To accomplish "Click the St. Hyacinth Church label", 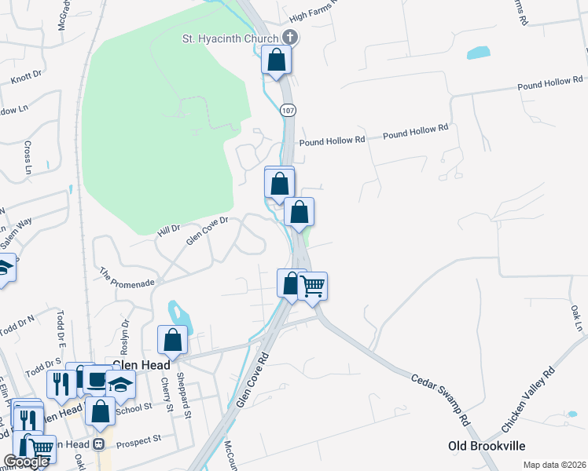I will pos(230,38).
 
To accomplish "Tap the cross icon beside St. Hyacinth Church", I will pos(289,37).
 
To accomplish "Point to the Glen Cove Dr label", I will pos(207,232).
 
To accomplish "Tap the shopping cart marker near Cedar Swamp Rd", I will pos(313,286).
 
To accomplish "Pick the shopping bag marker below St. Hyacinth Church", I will pos(277,60).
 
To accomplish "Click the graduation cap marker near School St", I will pos(120,384).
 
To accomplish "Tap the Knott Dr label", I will pos(25,79).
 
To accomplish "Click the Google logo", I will pos(26,462).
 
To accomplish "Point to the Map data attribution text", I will pos(554,465).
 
